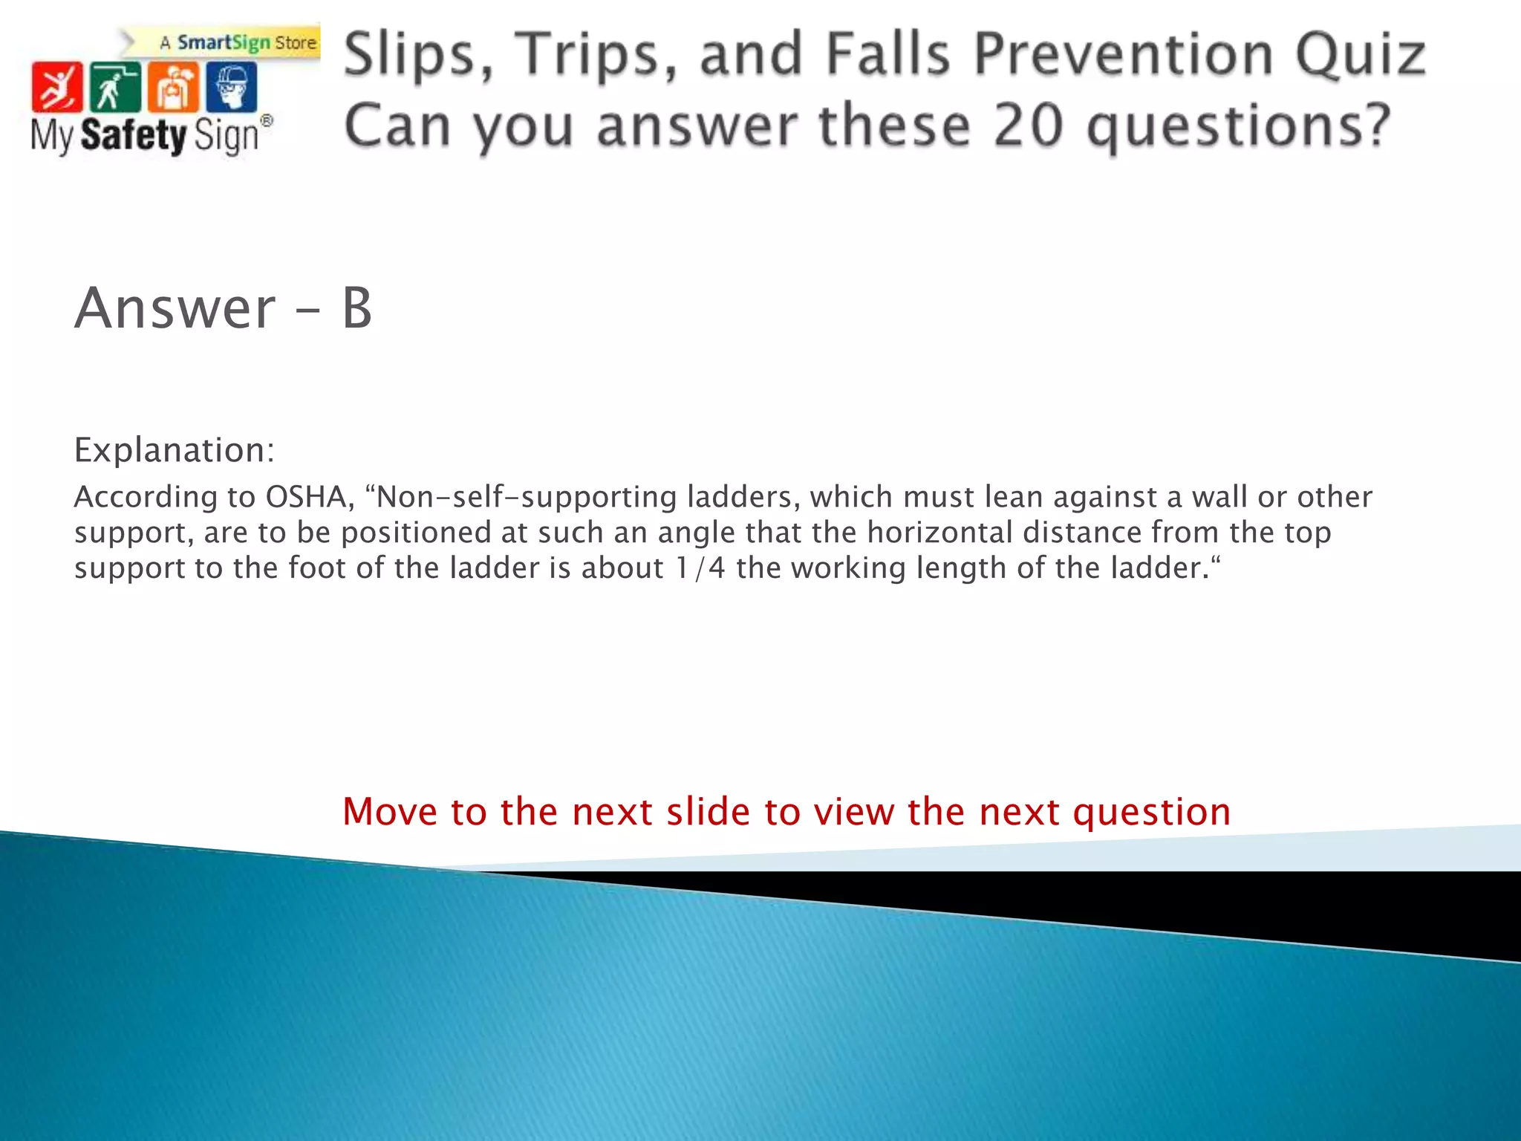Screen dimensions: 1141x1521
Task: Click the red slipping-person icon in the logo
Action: click(56, 87)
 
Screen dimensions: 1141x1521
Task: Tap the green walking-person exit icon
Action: click(114, 87)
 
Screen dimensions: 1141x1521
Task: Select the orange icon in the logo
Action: click(173, 87)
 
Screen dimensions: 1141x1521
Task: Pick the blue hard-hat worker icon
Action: click(232, 87)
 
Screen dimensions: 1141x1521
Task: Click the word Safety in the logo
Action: click(134, 135)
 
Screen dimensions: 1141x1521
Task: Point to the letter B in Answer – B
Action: click(356, 308)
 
